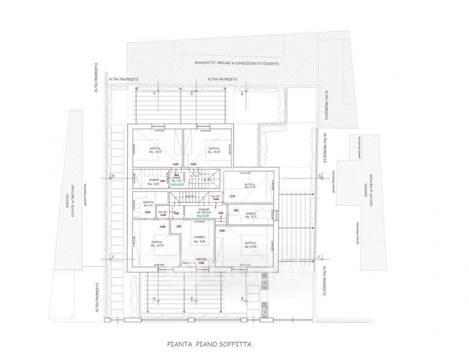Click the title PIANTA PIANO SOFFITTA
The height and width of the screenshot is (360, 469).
pos(209,344)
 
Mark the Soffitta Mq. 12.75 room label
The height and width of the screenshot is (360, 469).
pos(159,244)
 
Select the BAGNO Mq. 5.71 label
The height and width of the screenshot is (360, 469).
pos(251,215)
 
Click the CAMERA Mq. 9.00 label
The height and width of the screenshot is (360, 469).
pos(199,239)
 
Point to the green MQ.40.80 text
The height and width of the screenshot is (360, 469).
pos(177,184)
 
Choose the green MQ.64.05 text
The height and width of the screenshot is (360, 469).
pos(192,215)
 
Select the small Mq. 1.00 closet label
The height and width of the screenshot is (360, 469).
pos(162,212)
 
